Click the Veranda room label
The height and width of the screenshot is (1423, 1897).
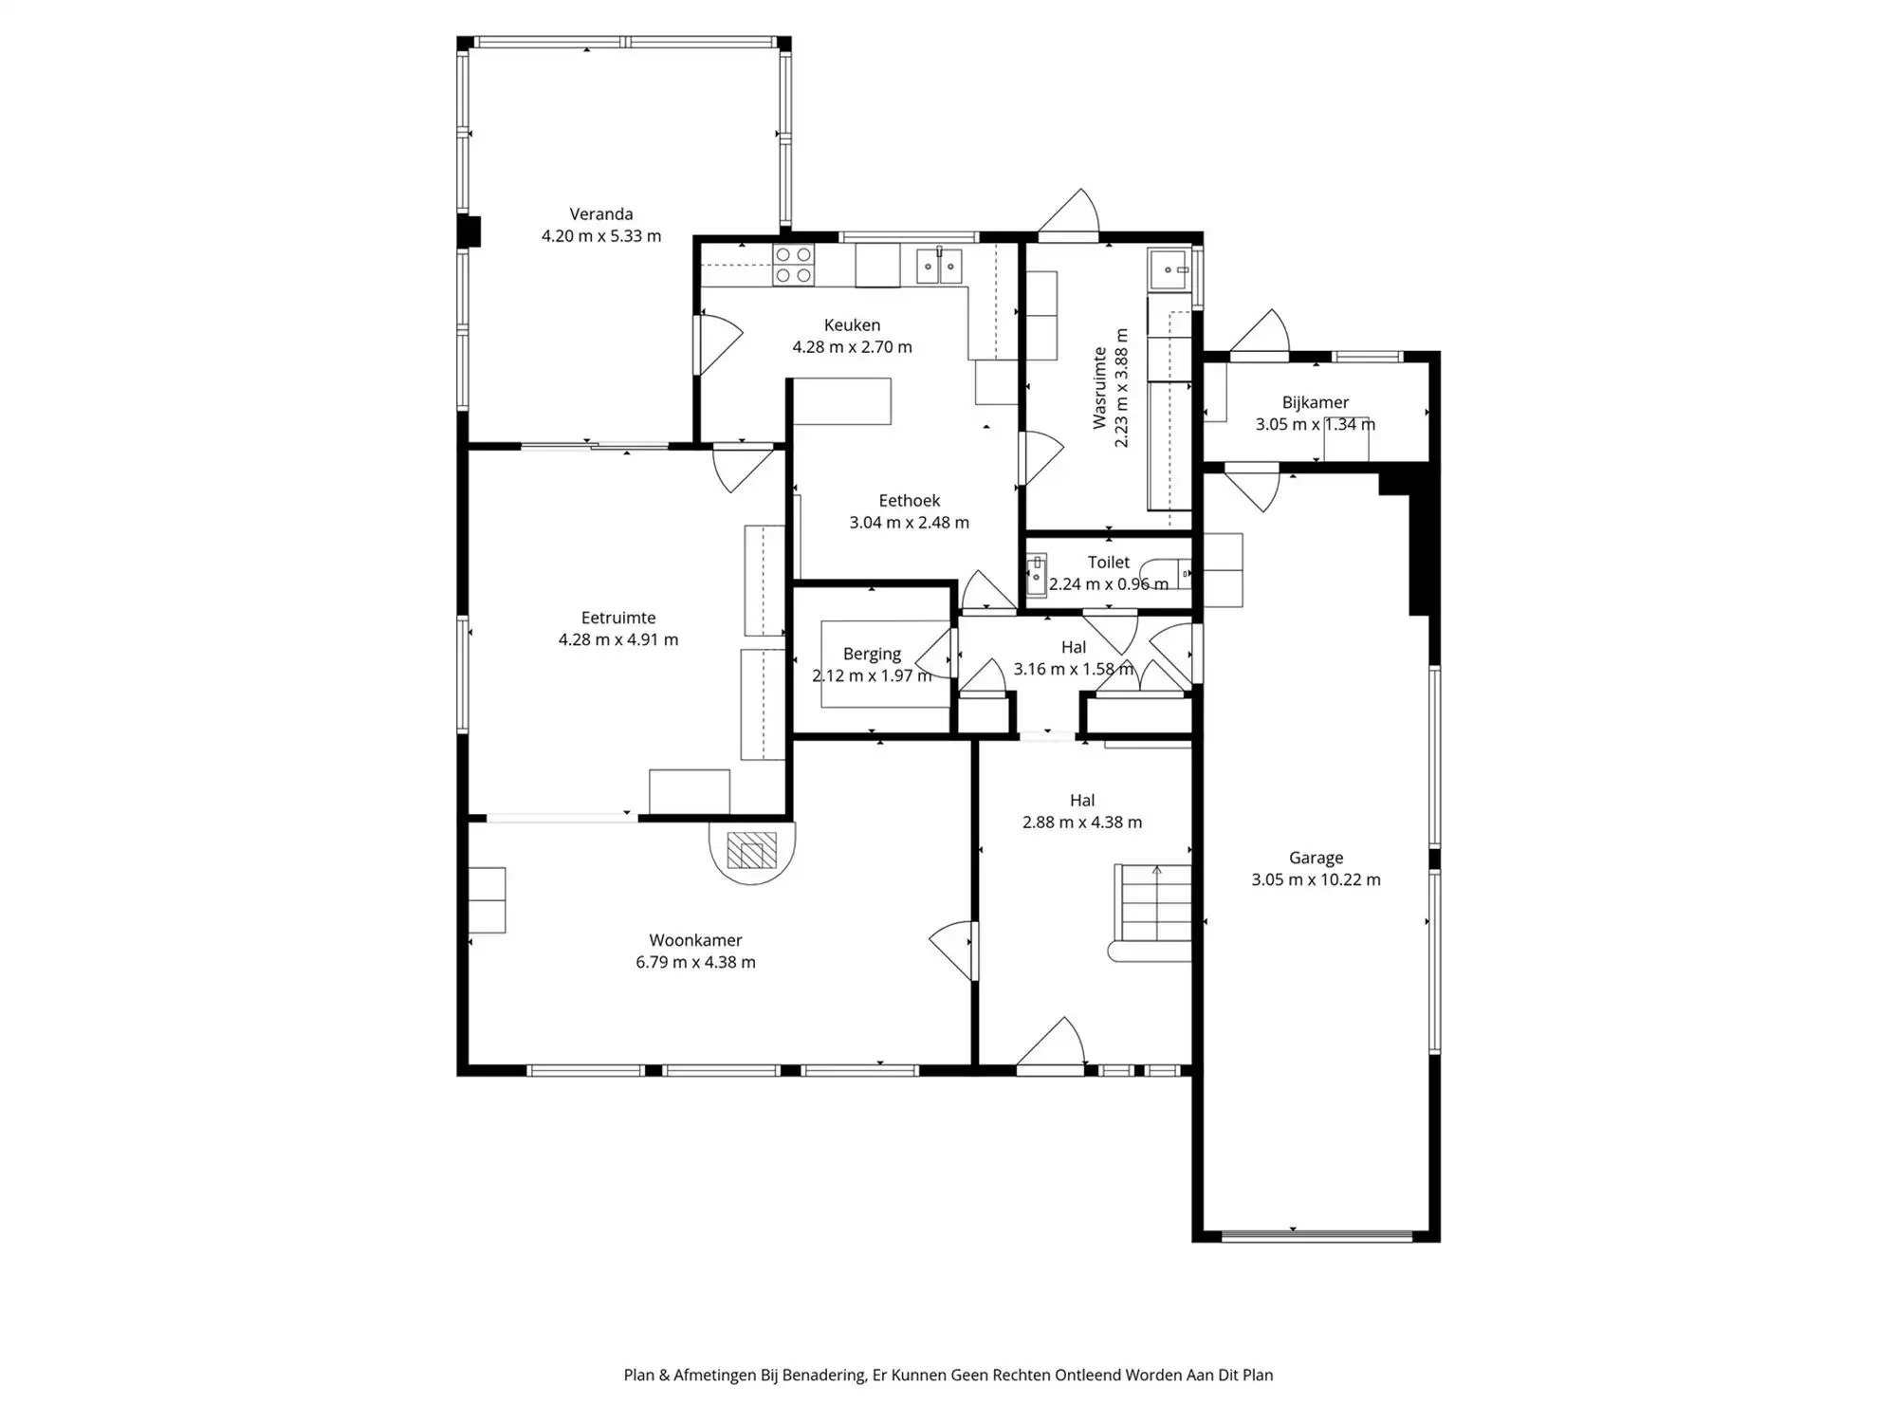pyautogui.click(x=600, y=214)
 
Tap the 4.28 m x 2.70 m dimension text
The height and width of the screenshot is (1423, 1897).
pyautogui.click(x=852, y=347)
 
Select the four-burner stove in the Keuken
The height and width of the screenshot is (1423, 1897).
pyautogui.click(x=793, y=265)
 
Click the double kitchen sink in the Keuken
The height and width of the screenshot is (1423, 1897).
pyautogui.click(x=939, y=267)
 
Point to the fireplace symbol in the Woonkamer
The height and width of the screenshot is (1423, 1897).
pyautogui.click(x=751, y=851)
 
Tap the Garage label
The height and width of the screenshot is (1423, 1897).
pyautogui.click(x=1316, y=858)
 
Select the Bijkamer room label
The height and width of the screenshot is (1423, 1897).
pyautogui.click(x=1315, y=402)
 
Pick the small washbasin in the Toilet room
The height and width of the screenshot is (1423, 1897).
pyautogui.click(x=1036, y=575)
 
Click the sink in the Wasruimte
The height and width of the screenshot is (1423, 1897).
pyautogui.click(x=1170, y=270)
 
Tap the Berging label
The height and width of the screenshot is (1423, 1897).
pyautogui.click(x=872, y=654)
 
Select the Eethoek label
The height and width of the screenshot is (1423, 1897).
pyautogui.click(x=909, y=500)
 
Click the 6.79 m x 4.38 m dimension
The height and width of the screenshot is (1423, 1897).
pyautogui.click(x=695, y=962)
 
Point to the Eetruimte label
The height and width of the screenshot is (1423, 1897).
pyautogui.click(x=617, y=618)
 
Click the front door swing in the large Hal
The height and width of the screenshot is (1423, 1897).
pyautogui.click(x=1053, y=1044)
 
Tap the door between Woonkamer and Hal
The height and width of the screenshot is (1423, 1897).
pyautogui.click(x=953, y=949)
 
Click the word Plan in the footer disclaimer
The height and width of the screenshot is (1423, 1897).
pyautogui.click(x=639, y=1375)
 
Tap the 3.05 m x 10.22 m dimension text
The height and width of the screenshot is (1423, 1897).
pyautogui.click(x=1316, y=879)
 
